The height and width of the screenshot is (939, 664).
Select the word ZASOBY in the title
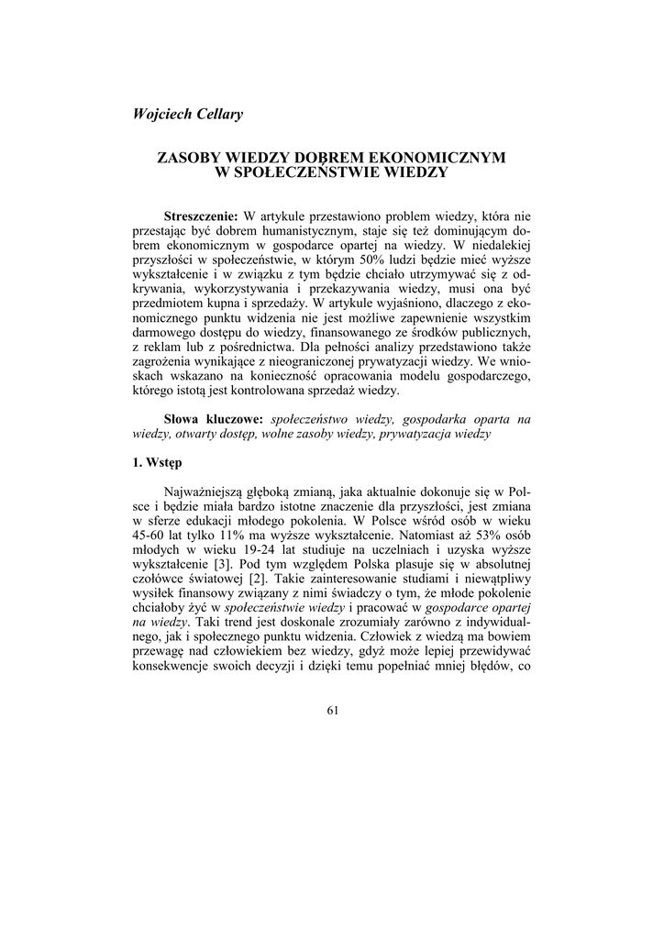pyautogui.click(x=189, y=158)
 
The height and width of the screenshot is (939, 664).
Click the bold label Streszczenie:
pyautogui.click(x=201, y=216)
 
